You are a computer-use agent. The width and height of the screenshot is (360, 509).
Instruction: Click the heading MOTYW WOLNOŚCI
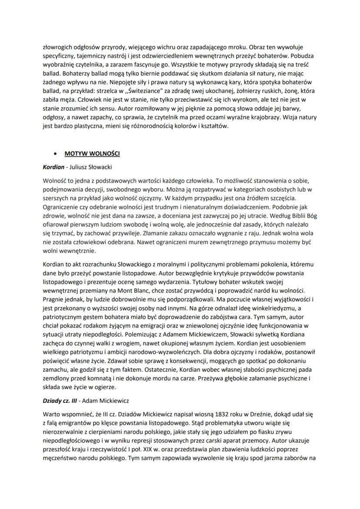tap(92, 154)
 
